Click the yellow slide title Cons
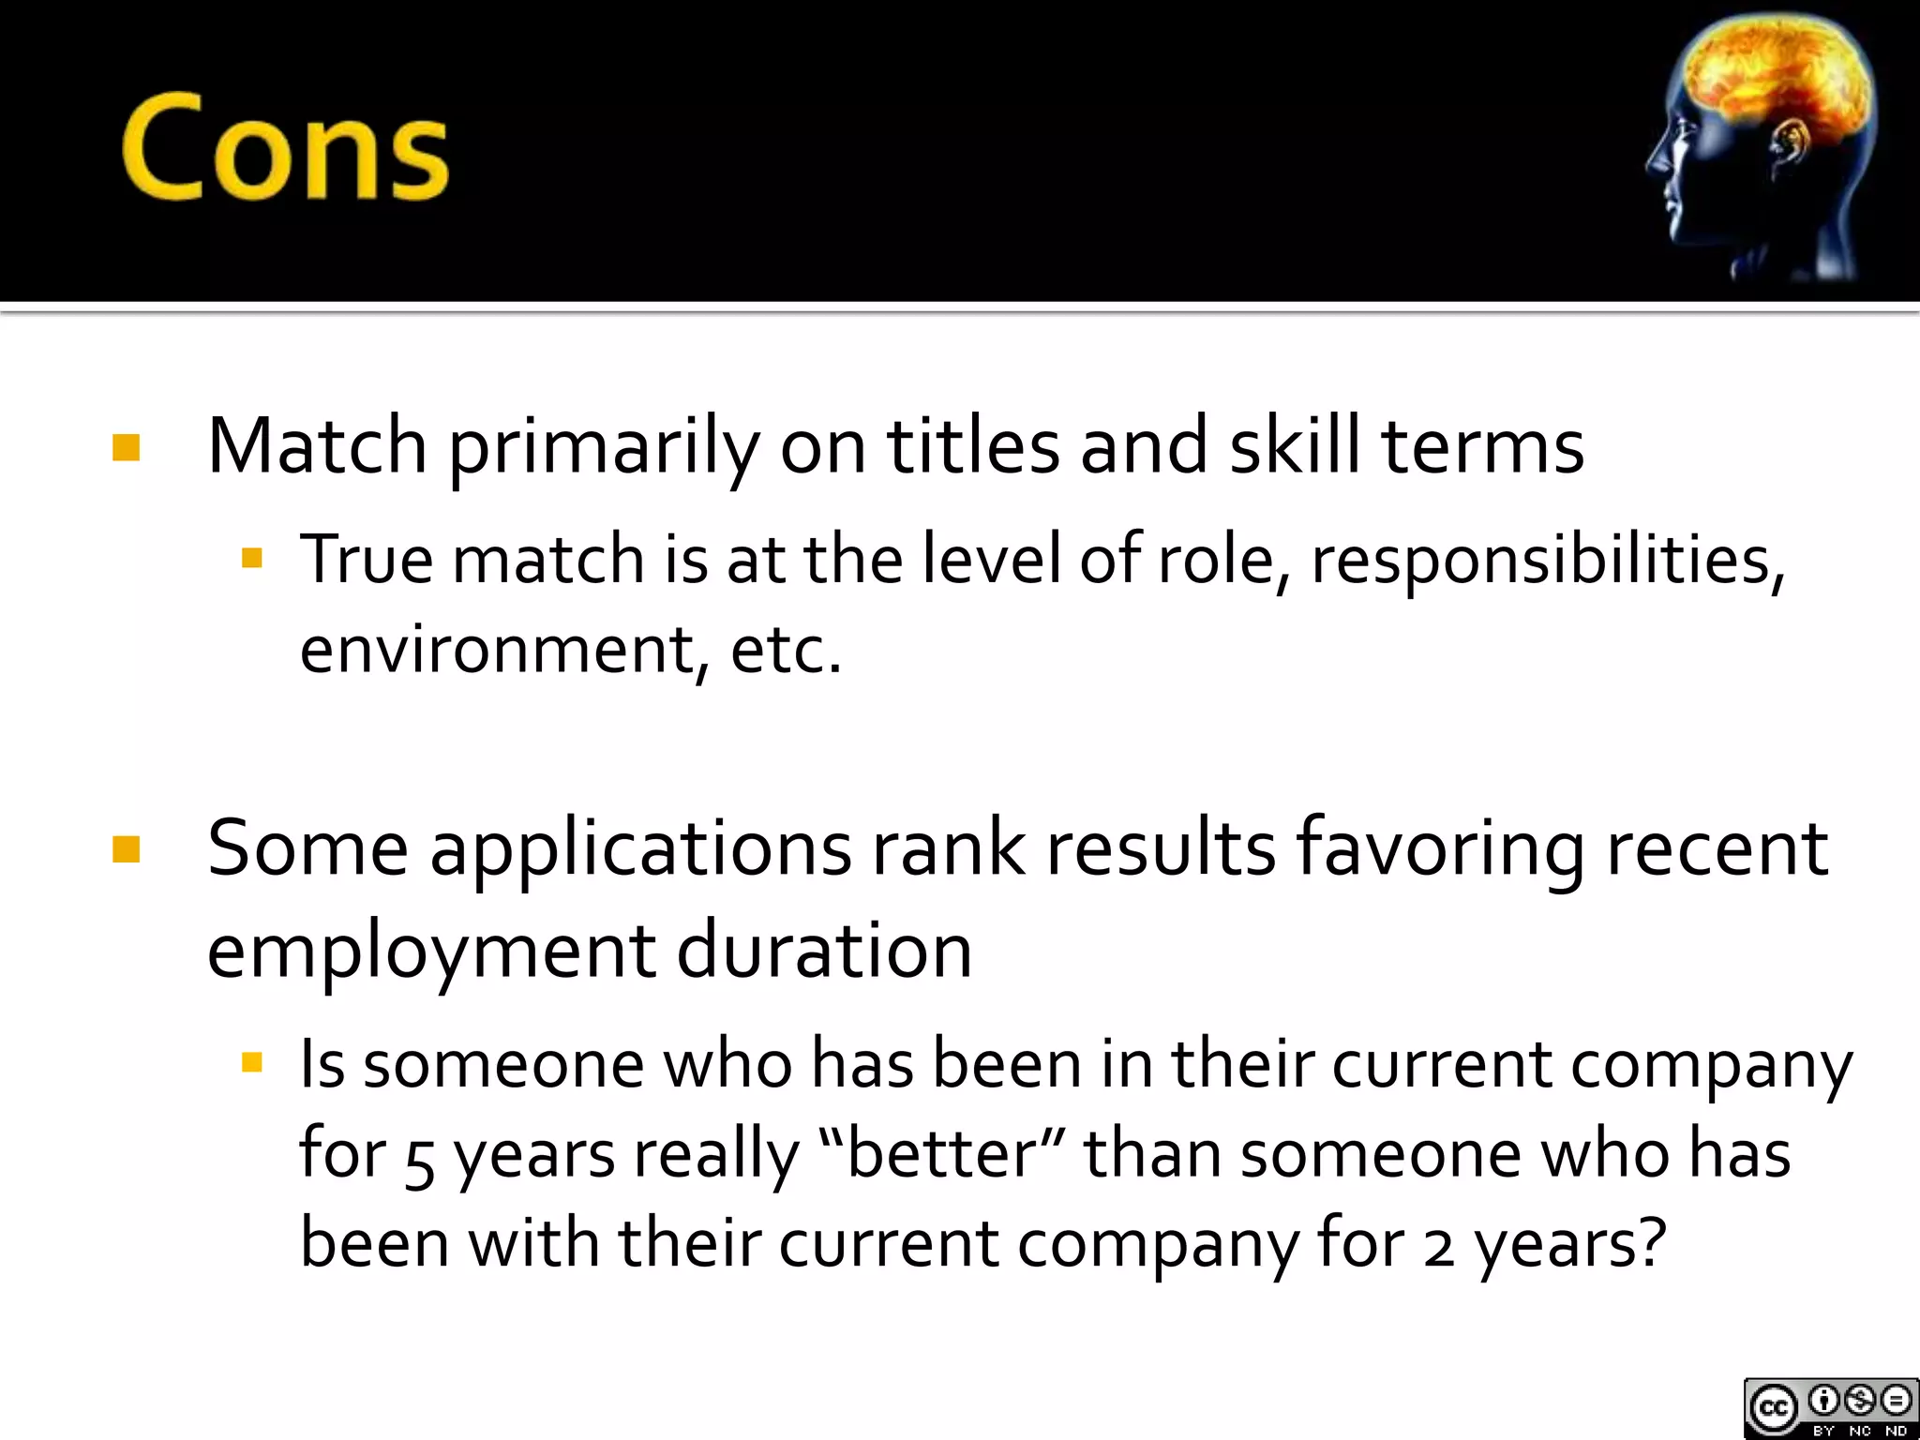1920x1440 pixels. point(285,147)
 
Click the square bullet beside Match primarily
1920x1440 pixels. point(126,447)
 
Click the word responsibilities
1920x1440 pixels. point(1547,561)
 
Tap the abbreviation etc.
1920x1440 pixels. point(786,649)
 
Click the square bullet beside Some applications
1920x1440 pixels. point(126,849)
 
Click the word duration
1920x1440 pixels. point(824,951)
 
